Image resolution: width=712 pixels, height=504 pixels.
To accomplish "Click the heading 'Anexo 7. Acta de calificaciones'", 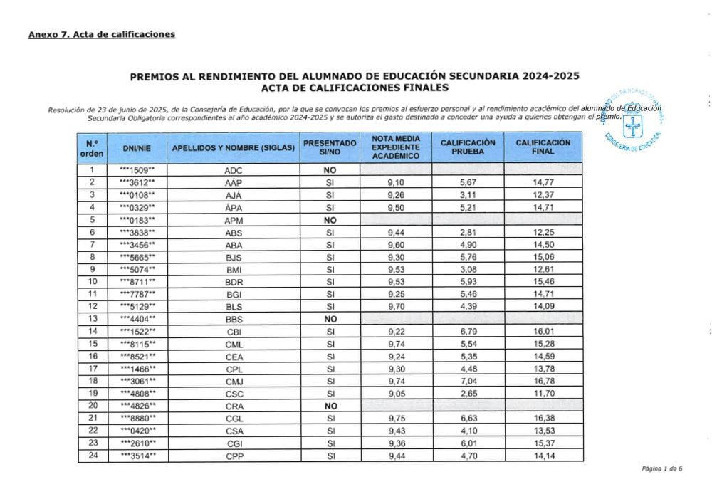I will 102,34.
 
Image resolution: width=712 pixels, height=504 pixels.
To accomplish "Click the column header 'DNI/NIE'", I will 136,148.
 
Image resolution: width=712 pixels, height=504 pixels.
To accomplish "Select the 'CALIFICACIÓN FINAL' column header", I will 543,147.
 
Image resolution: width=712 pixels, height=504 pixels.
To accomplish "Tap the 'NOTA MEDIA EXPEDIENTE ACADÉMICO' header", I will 396,147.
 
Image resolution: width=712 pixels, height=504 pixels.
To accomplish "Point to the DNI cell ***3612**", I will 137,183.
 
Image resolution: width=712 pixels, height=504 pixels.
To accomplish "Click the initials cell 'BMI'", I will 234,270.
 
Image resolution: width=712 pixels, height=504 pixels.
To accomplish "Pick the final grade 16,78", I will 543,382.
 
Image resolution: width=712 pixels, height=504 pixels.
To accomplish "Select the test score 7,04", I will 468,382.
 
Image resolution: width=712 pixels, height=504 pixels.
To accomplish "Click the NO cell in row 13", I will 330,320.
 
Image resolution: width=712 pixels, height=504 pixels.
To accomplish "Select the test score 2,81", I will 468,233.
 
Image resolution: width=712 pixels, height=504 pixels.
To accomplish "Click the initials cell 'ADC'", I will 234,171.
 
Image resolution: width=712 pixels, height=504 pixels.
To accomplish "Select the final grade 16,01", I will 543,332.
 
